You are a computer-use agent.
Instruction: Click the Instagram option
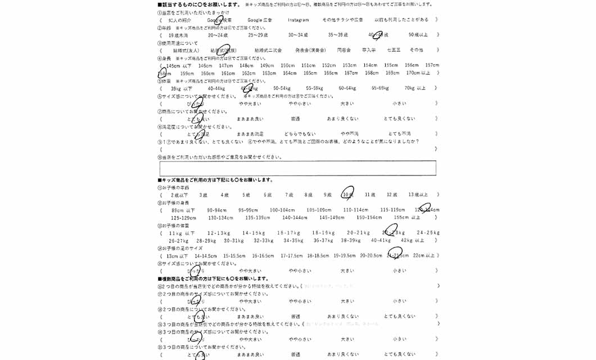click(x=298, y=20)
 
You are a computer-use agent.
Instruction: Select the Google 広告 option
click(x=260, y=20)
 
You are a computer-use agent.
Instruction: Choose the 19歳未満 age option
click(x=178, y=35)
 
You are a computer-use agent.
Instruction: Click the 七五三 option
click(x=394, y=50)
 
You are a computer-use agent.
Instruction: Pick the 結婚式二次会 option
click(x=268, y=50)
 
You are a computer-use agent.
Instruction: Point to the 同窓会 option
click(x=344, y=50)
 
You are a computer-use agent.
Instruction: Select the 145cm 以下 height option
click(x=179, y=65)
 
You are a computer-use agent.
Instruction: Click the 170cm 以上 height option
click(x=418, y=73)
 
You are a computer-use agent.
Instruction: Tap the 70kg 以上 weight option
click(x=415, y=88)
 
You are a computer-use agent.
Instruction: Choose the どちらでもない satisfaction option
click(x=300, y=134)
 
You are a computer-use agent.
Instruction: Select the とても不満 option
click(x=399, y=134)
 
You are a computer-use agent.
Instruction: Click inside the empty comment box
click(x=297, y=168)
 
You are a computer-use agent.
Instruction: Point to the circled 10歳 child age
click(x=347, y=194)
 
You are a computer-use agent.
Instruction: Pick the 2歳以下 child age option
click(x=179, y=195)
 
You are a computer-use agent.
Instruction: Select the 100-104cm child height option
click(x=282, y=210)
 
